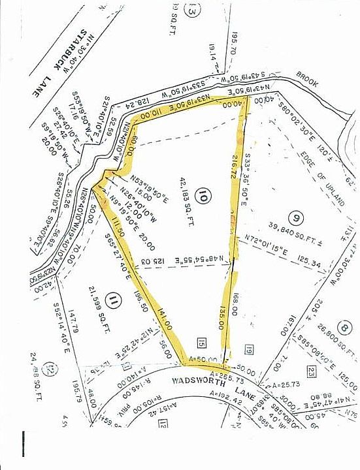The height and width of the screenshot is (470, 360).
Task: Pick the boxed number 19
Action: point(248,348)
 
